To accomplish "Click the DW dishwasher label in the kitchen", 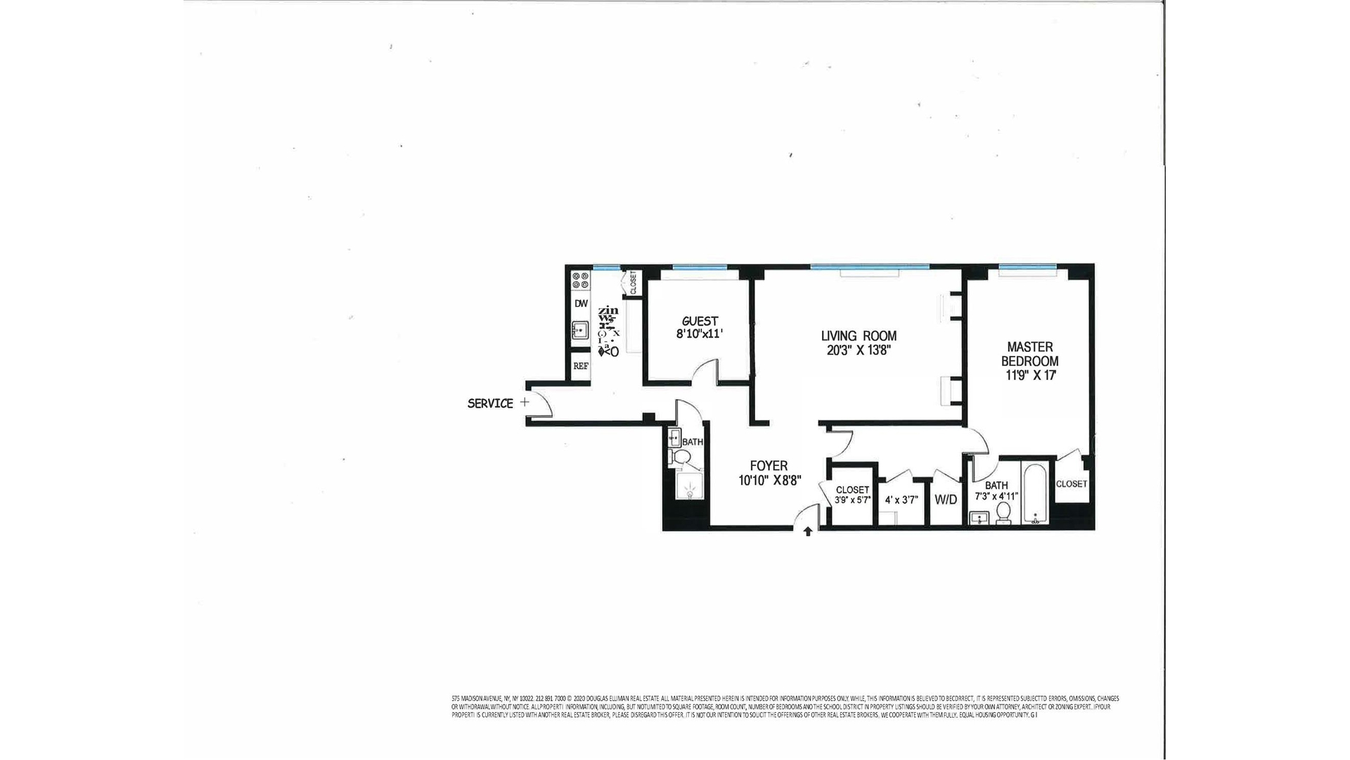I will tap(581, 303).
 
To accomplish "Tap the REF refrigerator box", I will tap(580, 366).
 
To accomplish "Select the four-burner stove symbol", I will tap(581, 280).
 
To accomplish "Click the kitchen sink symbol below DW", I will tap(580, 329).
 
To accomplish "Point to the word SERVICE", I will tap(490, 403).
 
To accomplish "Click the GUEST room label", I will tap(700, 321).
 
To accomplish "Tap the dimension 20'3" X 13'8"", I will tap(859, 350).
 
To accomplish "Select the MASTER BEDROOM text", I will tap(1029, 354).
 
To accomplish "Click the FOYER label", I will tap(769, 465).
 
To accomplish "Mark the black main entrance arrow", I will tap(808, 531).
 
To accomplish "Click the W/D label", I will tap(946, 500).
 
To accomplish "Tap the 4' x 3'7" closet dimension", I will tap(901, 500).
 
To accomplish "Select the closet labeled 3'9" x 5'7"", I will tap(852, 495).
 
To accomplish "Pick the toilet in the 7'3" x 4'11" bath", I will tap(1004, 512).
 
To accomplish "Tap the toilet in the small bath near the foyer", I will tap(680, 458).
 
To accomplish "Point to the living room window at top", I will tap(869, 267).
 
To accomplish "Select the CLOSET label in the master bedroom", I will tap(1071, 484).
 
